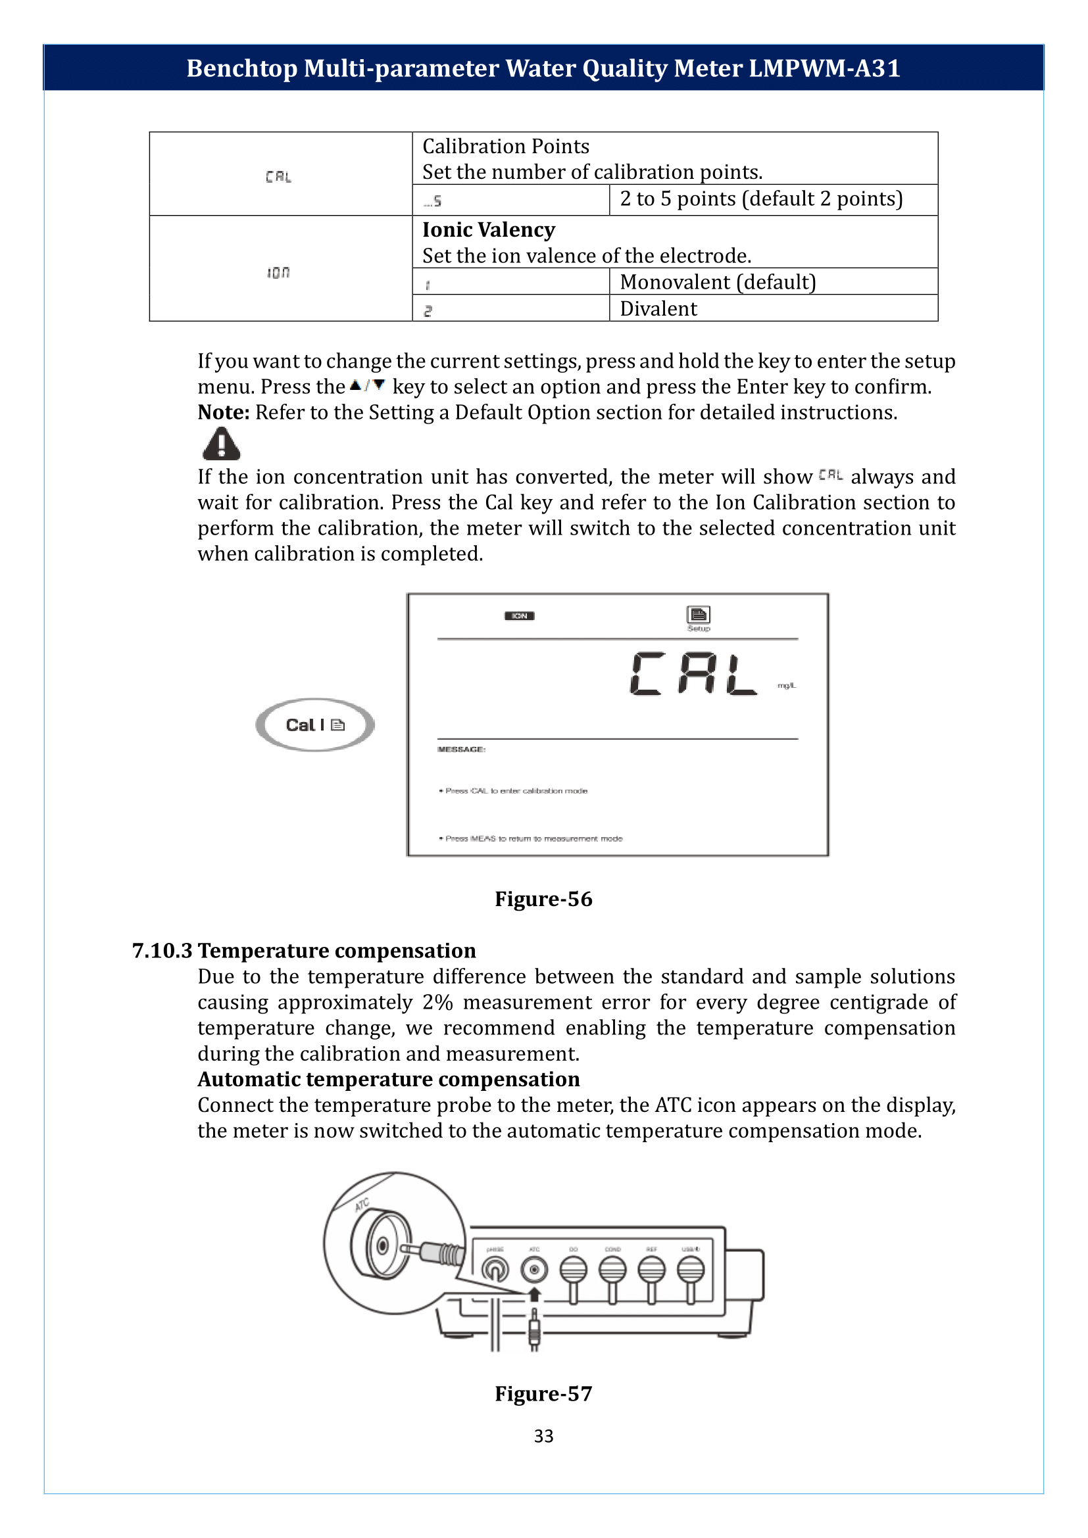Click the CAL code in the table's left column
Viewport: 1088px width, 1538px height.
278,177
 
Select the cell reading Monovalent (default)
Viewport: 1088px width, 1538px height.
718,282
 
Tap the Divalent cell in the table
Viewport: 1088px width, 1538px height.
658,309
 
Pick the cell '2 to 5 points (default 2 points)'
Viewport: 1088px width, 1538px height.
761,199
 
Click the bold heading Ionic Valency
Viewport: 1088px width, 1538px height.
488,229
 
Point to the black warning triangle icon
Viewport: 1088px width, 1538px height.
221,445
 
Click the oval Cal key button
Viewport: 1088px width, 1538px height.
315,725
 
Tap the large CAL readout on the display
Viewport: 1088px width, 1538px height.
693,674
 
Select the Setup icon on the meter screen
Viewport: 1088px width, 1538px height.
698,616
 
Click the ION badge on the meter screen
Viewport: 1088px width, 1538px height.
519,615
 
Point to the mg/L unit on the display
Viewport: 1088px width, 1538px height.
787,686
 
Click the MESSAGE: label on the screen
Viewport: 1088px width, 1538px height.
461,749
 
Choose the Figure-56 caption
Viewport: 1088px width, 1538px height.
543,899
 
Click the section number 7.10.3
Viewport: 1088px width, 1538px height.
162,951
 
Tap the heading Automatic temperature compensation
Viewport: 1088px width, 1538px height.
389,1079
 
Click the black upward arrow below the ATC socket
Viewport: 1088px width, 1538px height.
534,1294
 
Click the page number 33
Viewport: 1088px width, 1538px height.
543,1435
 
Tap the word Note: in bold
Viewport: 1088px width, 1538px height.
223,413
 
